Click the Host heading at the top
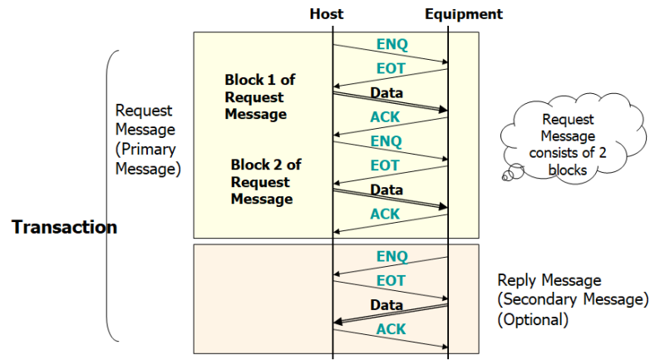326,14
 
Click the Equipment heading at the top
463,14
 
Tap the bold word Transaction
64,227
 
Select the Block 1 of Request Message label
259,96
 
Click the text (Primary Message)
146,158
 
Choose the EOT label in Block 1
385,69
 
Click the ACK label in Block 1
385,117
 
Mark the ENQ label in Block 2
386,141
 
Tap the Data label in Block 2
387,190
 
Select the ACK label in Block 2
385,214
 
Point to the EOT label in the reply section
391,281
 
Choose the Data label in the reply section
387,305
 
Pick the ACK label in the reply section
391,329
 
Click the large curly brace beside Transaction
111,195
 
